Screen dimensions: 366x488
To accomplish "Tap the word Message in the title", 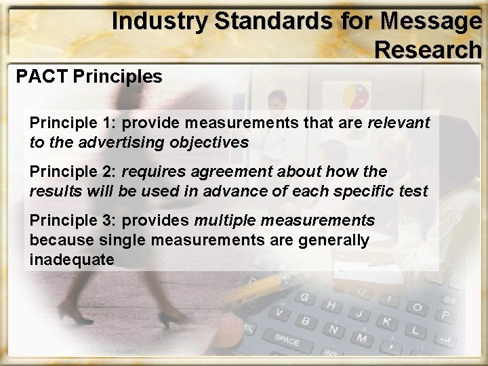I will click(x=431, y=22).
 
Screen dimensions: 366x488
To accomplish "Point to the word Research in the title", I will click(x=428, y=49).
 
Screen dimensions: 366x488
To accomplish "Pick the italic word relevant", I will click(x=399, y=123).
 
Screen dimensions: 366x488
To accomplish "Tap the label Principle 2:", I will click(x=73, y=171).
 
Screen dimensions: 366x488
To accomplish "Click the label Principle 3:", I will click(x=73, y=220).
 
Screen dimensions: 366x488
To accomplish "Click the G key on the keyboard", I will click(x=304, y=297).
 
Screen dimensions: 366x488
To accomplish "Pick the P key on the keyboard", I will click(x=445, y=315).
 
